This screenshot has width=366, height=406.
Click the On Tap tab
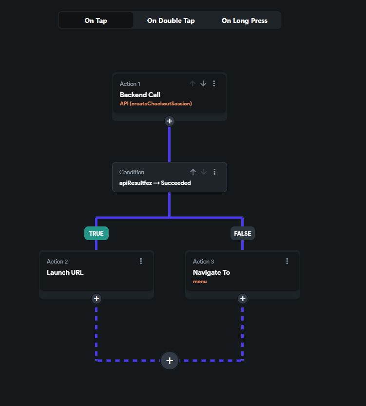96,20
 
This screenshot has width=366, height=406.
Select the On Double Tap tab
171,20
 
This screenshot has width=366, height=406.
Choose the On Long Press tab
244,20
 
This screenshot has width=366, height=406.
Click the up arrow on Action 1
193,83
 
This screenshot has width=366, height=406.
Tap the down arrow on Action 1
203,83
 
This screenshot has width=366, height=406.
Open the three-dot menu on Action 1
214,83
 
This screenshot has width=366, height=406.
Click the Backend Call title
140,95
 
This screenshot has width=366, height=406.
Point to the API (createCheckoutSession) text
155,103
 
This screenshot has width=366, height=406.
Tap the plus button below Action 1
169,121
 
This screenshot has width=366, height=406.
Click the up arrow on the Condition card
193,172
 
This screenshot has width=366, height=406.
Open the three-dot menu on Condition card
214,172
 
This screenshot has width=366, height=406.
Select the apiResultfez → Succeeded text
155,183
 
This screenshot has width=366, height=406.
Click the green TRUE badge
96,233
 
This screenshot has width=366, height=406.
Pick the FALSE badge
243,233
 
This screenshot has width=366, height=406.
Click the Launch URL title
65,272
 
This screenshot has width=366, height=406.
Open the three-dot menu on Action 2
141,261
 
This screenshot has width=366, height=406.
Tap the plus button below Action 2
96,299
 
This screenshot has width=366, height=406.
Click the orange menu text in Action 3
200,281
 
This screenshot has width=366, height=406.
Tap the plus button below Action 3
243,299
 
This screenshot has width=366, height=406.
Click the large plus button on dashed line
170,361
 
